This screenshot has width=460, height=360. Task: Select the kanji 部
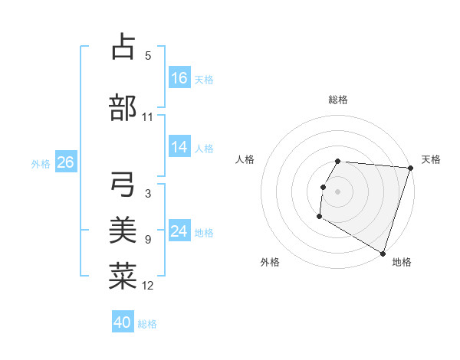click(123, 108)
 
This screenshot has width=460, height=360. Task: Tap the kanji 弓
click(123, 185)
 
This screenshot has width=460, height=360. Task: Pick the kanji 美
click(123, 230)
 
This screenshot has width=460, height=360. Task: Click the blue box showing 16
click(179, 78)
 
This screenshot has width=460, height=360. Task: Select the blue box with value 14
click(179, 147)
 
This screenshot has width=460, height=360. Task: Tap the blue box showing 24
click(179, 231)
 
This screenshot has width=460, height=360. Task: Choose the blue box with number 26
click(65, 162)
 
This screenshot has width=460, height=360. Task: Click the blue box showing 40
click(123, 322)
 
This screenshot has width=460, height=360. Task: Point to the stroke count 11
click(147, 117)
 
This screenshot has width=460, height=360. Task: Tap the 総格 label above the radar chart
click(338, 100)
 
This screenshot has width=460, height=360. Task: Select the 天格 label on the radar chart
click(431, 159)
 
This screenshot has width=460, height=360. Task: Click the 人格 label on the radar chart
click(245, 159)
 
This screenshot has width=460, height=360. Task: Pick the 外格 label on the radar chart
click(270, 262)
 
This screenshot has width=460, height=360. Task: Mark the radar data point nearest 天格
click(410, 168)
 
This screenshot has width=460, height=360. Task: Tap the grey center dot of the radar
click(338, 191)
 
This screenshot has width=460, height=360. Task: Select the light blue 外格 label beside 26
click(41, 163)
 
